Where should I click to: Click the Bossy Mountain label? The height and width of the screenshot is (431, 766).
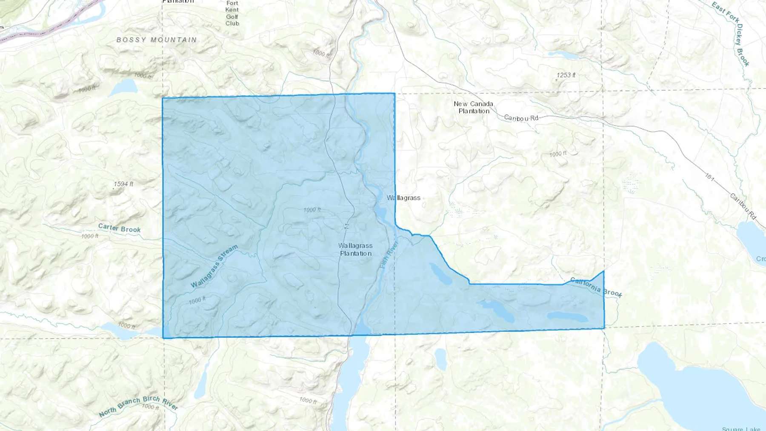[x=157, y=40]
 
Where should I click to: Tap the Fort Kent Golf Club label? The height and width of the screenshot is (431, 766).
[x=232, y=13]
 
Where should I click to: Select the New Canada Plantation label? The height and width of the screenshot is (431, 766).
[x=474, y=107]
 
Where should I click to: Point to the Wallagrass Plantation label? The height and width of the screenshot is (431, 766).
[x=355, y=249]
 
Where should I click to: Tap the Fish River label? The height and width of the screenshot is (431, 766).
[x=389, y=254]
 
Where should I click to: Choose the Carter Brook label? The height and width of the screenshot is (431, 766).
[x=119, y=228]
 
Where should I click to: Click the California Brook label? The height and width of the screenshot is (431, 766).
[x=596, y=287]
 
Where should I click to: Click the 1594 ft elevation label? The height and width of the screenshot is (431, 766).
[x=123, y=184]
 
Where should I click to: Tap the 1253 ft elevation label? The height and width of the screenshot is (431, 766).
[x=566, y=75]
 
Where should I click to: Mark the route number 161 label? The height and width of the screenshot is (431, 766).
[x=709, y=177]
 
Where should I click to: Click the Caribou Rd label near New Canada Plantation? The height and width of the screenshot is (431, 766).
[x=521, y=118]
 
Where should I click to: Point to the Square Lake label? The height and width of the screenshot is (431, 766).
[x=740, y=428]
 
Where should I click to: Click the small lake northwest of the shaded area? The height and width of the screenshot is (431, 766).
[x=123, y=88]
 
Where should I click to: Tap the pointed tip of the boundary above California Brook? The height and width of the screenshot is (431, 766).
[x=603, y=271]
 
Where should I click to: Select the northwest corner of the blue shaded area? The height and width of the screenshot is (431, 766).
[x=163, y=98]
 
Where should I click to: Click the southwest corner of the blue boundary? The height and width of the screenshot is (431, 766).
[x=163, y=338]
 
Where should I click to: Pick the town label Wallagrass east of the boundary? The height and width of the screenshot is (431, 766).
[x=403, y=198]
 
